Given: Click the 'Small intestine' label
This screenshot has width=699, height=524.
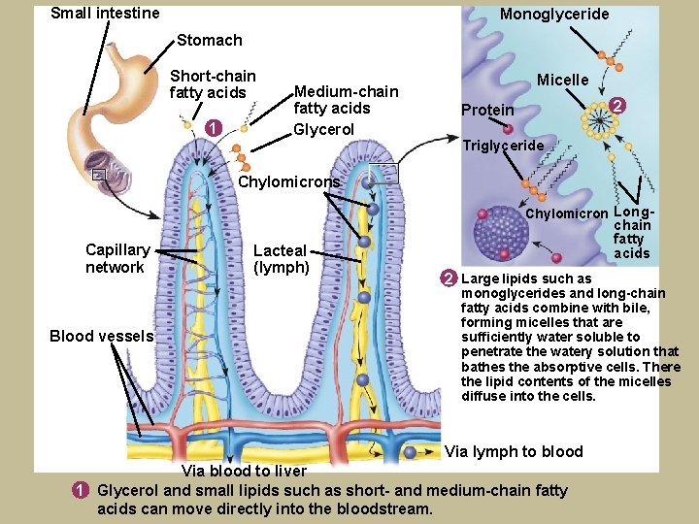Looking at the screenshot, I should pyautogui.click(x=105, y=13).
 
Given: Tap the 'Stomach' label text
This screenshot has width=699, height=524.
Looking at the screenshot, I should pyautogui.click(x=209, y=40).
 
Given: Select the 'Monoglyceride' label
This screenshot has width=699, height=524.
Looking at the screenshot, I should pyautogui.click(x=554, y=14).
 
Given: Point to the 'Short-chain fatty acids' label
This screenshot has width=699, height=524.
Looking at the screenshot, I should pyautogui.click(x=213, y=84).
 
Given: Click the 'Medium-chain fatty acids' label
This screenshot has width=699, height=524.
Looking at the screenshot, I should pyautogui.click(x=346, y=100).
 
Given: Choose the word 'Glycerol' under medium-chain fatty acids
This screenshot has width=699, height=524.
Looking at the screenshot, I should pyautogui.click(x=323, y=130).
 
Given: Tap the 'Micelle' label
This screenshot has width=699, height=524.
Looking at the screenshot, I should pyautogui.click(x=563, y=80).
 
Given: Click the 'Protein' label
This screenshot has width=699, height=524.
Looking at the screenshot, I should pyautogui.click(x=487, y=110).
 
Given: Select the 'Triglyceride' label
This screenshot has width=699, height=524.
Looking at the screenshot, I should pyautogui.click(x=502, y=146).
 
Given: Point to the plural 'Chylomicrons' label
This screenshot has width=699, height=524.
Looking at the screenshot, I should pyautogui.click(x=289, y=181).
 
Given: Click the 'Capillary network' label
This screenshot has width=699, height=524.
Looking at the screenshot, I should pyautogui.click(x=117, y=259).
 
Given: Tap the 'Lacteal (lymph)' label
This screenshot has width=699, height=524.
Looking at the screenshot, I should pyautogui.click(x=281, y=259).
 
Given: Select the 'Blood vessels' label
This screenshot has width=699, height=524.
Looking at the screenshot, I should pyautogui.click(x=102, y=336).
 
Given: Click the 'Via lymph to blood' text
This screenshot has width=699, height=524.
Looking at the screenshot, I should pyautogui.click(x=514, y=451).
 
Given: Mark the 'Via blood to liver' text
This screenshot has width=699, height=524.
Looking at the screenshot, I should pyautogui.click(x=245, y=471).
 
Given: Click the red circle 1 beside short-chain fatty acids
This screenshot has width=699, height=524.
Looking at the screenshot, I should pyautogui.click(x=214, y=125).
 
